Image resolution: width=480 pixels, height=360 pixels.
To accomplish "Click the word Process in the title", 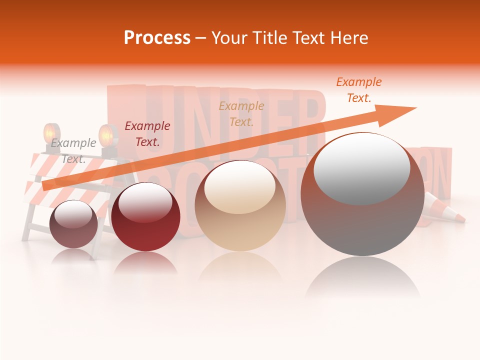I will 157,38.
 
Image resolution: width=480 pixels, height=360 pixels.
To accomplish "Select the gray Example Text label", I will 73,151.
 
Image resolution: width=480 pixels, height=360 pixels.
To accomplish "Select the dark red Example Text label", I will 147,134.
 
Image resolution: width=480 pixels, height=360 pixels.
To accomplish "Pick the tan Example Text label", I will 241,113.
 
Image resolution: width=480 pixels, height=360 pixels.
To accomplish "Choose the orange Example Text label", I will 358,90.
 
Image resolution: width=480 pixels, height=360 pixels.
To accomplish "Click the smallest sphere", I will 74,224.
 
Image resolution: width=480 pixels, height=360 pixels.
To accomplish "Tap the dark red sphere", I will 145,217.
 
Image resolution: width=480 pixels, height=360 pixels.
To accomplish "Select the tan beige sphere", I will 240,206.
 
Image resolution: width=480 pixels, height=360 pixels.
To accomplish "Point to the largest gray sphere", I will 362,195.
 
